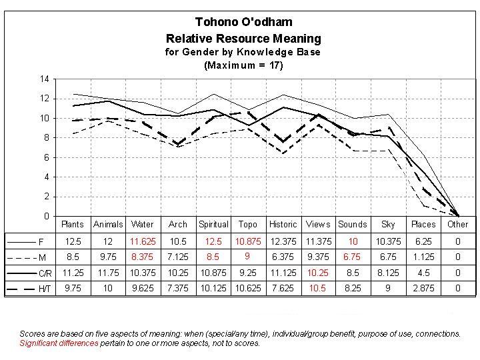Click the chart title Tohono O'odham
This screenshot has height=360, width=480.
pos(243,23)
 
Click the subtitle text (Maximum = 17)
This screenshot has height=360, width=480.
pos(243,65)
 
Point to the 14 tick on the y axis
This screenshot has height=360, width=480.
pos(44,79)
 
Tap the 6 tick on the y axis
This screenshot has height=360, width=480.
pos(46,158)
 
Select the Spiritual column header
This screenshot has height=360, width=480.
pos(213,224)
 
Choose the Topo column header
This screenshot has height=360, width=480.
pos(248,224)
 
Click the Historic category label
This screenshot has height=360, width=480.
pos(283,224)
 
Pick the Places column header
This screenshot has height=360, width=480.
pos(423,224)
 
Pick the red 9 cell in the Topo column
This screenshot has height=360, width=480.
pos(247,256)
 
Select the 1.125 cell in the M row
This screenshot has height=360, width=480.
pos(423,256)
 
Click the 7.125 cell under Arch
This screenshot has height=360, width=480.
pos(178,256)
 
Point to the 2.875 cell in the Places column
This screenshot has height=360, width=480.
pos(423,289)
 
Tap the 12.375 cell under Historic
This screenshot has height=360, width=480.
pos(283,240)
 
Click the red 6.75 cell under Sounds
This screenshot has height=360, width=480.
pos(353,256)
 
